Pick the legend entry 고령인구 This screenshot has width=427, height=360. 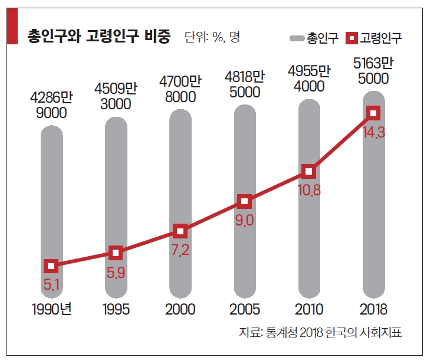pyautogui.click(x=374, y=39)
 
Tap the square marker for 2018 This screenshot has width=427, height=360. pyautogui.click(x=373, y=113)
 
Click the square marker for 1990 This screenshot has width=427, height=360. pyautogui.click(x=51, y=267)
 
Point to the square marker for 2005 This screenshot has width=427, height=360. pyautogui.click(x=245, y=202)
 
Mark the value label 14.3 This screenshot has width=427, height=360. pyautogui.click(x=374, y=133)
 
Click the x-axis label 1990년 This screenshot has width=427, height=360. pyautogui.click(x=51, y=309)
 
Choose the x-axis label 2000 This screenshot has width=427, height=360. pyautogui.click(x=180, y=309)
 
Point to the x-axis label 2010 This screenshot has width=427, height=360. pyautogui.click(x=309, y=309)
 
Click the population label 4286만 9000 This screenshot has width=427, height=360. pyautogui.click(x=51, y=104)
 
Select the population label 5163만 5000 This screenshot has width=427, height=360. pyautogui.click(x=373, y=70)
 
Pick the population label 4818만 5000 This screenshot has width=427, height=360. pyautogui.click(x=245, y=84)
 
